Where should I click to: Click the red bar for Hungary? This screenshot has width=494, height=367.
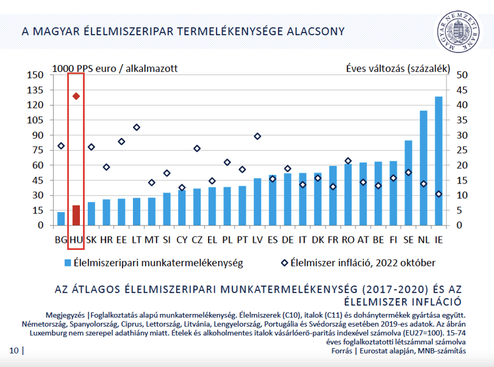(x=76, y=215)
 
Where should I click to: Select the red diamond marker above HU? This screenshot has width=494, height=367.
(x=76, y=96)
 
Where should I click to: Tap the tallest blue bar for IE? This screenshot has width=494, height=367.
(x=439, y=161)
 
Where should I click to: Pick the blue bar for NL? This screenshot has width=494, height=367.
(x=423, y=168)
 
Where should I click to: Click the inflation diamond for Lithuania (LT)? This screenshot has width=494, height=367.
(x=137, y=127)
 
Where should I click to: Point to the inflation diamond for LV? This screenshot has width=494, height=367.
(x=257, y=137)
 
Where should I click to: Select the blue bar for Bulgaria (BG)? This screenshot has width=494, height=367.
(x=61, y=219)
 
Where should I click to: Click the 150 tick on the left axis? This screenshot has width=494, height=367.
(x=35, y=75)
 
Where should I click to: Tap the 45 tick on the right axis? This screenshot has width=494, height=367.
(x=462, y=90)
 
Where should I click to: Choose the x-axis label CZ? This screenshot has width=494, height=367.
(x=197, y=240)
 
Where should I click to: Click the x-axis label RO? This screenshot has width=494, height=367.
(x=348, y=240)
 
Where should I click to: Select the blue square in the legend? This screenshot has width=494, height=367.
(x=68, y=263)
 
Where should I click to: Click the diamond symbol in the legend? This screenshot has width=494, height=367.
(x=284, y=263)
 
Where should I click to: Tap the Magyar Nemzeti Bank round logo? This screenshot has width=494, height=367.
(x=458, y=32)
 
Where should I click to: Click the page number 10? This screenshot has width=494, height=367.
(x=14, y=351)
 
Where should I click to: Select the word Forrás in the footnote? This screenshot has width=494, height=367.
(x=342, y=351)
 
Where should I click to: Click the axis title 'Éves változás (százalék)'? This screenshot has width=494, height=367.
(x=398, y=68)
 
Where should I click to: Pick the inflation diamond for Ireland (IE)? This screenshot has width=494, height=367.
(x=439, y=194)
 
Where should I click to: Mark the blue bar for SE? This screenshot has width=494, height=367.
(x=408, y=183)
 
